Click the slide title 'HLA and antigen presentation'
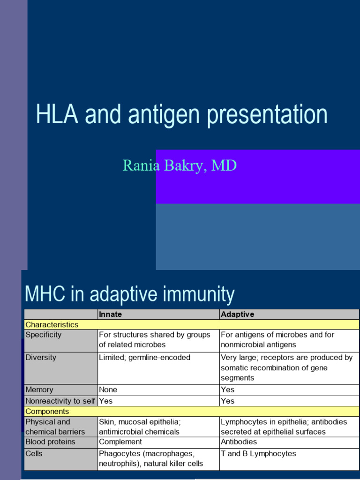tap(181, 115)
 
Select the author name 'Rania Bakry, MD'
tap(180, 165)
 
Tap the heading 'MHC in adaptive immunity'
tap(129, 294)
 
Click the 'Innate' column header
tap(111, 315)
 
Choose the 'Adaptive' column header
tap(237, 315)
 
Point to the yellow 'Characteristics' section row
tap(52, 324)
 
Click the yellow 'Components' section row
tap(47, 411)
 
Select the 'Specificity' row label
tap(43, 335)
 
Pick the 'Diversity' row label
tap(41, 358)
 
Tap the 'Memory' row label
tap(39, 390)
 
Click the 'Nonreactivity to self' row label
tap(60, 401)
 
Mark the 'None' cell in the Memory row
tap(108, 390)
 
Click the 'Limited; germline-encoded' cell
tap(144, 358)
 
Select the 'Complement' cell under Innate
tap(120, 442)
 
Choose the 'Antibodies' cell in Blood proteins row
tap(239, 442)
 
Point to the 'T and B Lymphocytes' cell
tap(258, 454)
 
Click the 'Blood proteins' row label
tap(50, 442)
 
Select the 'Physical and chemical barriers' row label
tap(55, 427)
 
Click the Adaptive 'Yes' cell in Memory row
tap(227, 390)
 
